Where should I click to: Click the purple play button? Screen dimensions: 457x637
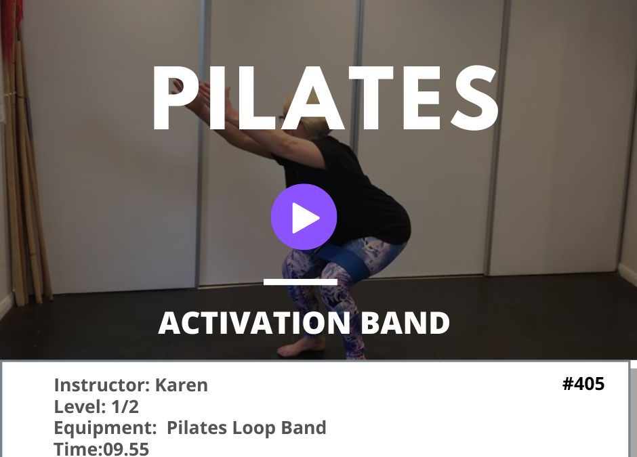click(304, 217)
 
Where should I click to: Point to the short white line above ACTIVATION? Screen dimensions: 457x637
click(300, 281)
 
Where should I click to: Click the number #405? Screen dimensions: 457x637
click(583, 384)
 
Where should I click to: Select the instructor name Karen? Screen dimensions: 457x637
click(182, 385)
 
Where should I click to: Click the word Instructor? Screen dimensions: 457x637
click(102, 385)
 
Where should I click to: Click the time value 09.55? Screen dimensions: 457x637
click(126, 449)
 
